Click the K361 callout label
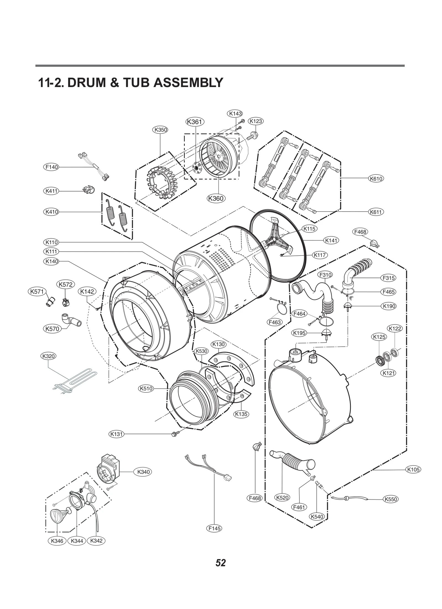pyautogui.click(x=195, y=122)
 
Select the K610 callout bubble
pyautogui.click(x=376, y=179)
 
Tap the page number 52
pyautogui.click(x=221, y=563)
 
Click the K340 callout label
pyautogui.click(x=143, y=472)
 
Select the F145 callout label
pyautogui.click(x=214, y=528)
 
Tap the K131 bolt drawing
pyautogui.click(x=175, y=434)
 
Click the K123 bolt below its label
pyautogui.click(x=252, y=136)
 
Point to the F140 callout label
pyautogui.click(x=52, y=167)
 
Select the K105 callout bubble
pyautogui.click(x=413, y=469)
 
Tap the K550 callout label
pyautogui.click(x=391, y=499)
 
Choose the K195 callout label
pyautogui.click(x=299, y=333)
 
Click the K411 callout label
pyautogui.click(x=51, y=191)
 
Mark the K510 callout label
pyautogui.click(x=146, y=389)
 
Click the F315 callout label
pyautogui.click(x=388, y=278)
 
